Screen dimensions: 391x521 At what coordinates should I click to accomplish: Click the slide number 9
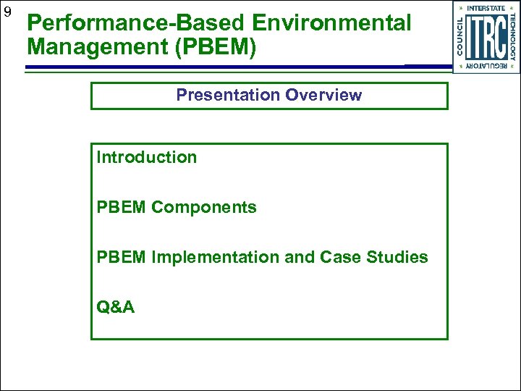pyautogui.click(x=7, y=12)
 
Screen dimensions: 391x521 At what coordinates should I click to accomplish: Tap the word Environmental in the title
pyautogui.click(x=340, y=23)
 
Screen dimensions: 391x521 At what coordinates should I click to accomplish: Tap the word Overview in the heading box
pyautogui.click(x=323, y=95)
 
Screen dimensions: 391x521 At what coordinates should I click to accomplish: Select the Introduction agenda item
pyautogui.click(x=147, y=157)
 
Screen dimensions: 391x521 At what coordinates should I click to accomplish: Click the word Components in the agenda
pyautogui.click(x=204, y=207)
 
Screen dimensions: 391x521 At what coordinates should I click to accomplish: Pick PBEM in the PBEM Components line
pyautogui.click(x=122, y=207)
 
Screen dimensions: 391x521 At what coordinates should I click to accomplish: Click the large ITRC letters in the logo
pyautogui.click(x=486, y=37)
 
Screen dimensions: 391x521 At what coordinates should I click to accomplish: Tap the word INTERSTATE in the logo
pyautogui.click(x=486, y=8)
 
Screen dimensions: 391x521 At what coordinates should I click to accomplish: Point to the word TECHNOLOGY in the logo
pyautogui.click(x=513, y=37)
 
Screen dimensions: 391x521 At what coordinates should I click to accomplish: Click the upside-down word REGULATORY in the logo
pyautogui.click(x=486, y=66)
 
